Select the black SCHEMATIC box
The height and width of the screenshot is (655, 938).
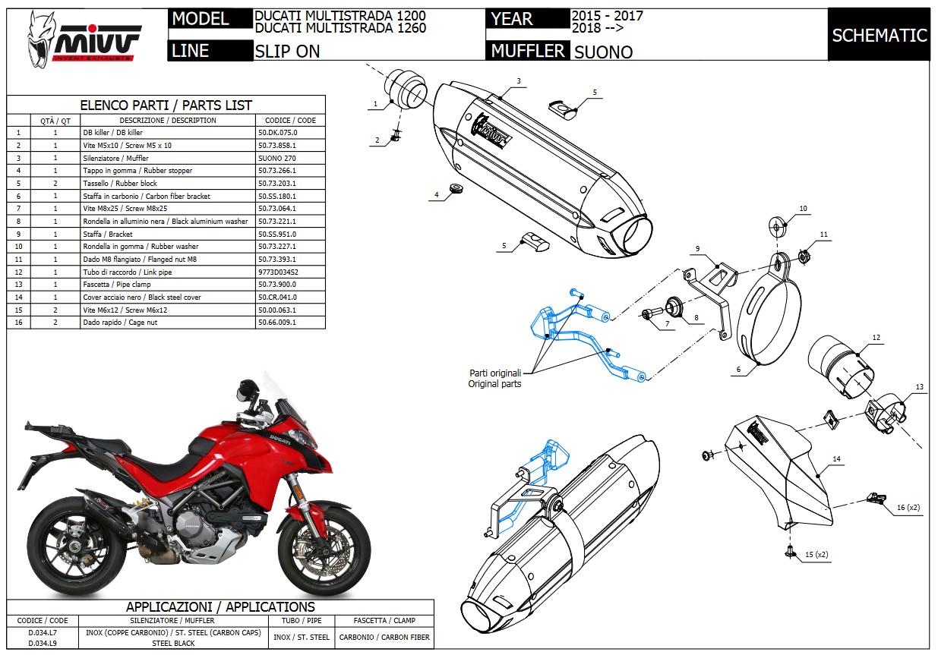pyautogui.click(x=879, y=35)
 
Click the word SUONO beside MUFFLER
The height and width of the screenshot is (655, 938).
pyautogui.click(x=604, y=52)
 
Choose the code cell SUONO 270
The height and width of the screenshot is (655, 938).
pyautogui.click(x=277, y=158)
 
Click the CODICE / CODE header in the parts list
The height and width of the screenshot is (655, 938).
pyautogui.click(x=290, y=121)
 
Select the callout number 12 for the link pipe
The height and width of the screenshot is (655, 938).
pyautogui.click(x=876, y=338)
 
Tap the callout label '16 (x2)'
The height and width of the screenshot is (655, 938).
pyautogui.click(x=908, y=507)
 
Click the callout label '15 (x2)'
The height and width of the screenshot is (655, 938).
pyautogui.click(x=817, y=555)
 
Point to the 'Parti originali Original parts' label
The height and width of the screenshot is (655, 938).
pyautogui.click(x=494, y=379)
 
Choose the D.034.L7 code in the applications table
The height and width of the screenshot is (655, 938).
pyautogui.click(x=42, y=631)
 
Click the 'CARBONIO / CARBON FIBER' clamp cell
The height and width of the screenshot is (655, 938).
pyautogui.click(x=384, y=638)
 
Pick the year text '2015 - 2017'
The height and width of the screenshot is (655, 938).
pyautogui.click(x=607, y=16)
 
